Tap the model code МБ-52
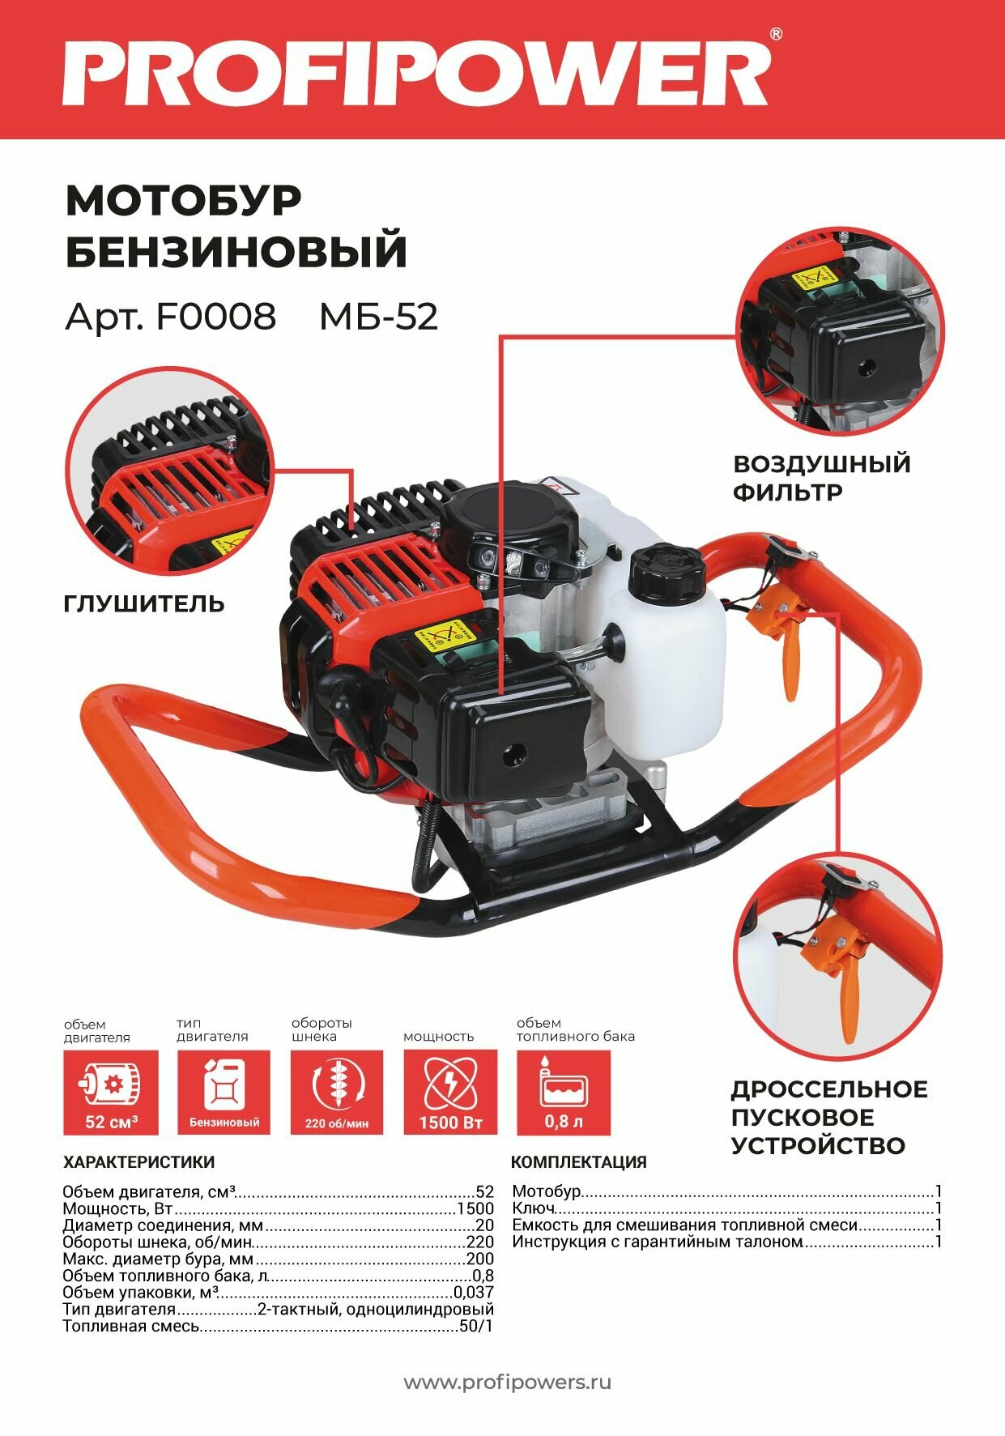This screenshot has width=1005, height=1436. [x=378, y=317]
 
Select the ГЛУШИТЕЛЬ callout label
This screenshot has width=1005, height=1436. [x=143, y=603]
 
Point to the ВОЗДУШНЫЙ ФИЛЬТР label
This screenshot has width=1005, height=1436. [x=821, y=478]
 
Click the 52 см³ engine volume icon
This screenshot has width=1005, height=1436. [x=111, y=1092]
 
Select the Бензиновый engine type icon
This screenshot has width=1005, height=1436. [x=224, y=1092]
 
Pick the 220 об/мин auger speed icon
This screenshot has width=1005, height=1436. [x=337, y=1092]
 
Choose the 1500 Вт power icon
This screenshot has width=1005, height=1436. [x=450, y=1092]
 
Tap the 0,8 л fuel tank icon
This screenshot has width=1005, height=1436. [x=564, y=1092]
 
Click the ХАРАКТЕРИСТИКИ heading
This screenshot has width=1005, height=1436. [x=138, y=1162]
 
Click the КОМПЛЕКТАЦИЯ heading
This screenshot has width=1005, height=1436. [x=578, y=1162]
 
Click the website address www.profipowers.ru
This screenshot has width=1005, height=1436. [x=507, y=1382]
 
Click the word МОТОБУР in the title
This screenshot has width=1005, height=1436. [x=183, y=200]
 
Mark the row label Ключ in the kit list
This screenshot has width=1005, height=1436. [x=533, y=1208]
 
